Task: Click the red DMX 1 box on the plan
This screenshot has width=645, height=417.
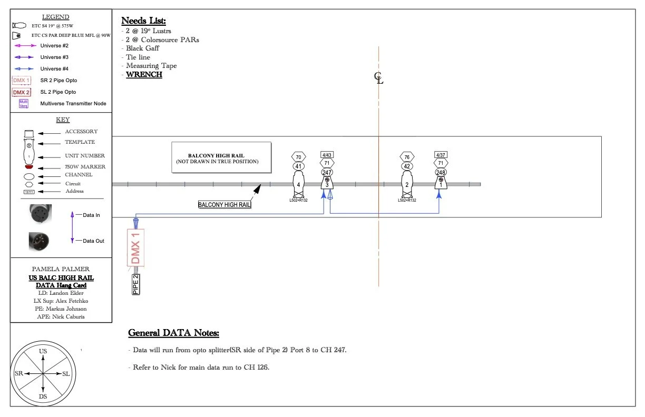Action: (x=136, y=247)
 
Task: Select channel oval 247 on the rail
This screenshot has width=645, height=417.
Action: (x=327, y=172)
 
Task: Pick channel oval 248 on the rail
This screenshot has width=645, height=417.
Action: (x=441, y=172)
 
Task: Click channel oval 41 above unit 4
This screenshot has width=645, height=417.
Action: (x=299, y=166)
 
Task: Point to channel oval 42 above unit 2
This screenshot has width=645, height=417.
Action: (x=406, y=166)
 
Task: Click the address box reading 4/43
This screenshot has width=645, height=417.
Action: (x=327, y=155)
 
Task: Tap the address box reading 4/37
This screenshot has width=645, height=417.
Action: (x=441, y=155)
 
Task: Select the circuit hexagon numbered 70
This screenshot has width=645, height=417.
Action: (x=299, y=157)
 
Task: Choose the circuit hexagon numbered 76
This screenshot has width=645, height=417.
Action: (x=406, y=157)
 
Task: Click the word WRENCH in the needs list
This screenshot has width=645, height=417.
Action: (x=144, y=75)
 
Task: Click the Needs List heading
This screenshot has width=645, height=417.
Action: (x=143, y=21)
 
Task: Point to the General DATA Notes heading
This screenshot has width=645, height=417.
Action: (x=173, y=333)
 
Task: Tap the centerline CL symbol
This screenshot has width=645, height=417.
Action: (x=378, y=79)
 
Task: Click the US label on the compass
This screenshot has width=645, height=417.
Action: (x=43, y=351)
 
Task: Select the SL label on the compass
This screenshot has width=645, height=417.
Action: (x=66, y=373)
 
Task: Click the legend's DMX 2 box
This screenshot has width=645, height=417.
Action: (x=22, y=92)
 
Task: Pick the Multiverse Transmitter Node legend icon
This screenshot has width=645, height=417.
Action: (x=23, y=104)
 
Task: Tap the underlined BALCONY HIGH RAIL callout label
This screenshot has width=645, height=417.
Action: (x=224, y=204)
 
